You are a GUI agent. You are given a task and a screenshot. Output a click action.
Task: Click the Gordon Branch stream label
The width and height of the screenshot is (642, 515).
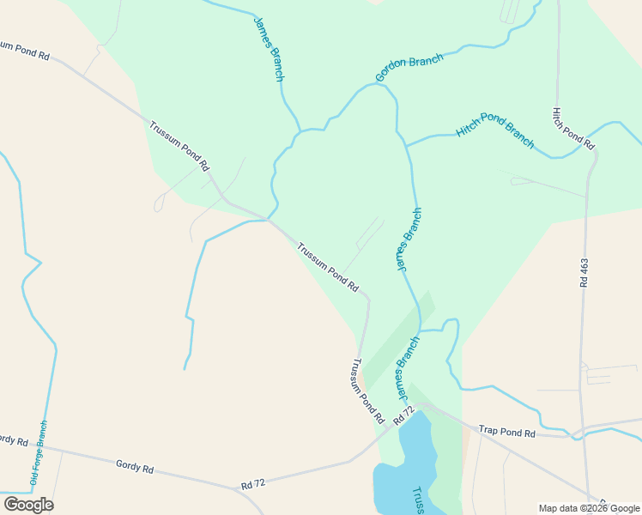(x=409, y=69)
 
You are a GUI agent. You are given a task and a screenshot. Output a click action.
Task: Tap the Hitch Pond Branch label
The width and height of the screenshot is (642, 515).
(x=495, y=130)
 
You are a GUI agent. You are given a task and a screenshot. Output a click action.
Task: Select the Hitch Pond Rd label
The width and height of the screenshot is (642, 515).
(x=573, y=129)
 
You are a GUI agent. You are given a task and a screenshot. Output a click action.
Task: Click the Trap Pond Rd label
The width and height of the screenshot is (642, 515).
(x=506, y=432)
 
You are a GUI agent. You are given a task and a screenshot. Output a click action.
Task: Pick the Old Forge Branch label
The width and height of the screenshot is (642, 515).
(x=39, y=455)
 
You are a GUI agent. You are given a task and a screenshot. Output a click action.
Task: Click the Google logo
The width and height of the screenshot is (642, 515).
(x=29, y=504)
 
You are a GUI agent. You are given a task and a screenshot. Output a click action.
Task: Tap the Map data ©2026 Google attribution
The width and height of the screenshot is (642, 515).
(x=589, y=508)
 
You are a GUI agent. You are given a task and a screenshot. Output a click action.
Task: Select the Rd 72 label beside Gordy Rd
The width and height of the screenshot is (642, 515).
(x=252, y=484)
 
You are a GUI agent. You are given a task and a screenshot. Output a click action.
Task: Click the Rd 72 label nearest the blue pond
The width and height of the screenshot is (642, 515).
(x=403, y=417)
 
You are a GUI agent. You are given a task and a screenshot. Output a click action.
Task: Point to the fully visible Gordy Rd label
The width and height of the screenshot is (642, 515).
(x=134, y=468)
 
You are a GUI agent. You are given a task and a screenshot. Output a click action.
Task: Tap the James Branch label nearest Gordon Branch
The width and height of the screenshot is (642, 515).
(x=269, y=49)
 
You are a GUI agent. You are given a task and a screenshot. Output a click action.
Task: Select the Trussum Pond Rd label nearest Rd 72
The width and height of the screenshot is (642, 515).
(x=367, y=391)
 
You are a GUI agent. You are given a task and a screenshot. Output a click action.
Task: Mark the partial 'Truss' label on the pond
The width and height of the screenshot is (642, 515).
(x=419, y=500)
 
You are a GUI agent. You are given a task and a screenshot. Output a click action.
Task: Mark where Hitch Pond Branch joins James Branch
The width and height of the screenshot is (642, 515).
(x=406, y=145)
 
